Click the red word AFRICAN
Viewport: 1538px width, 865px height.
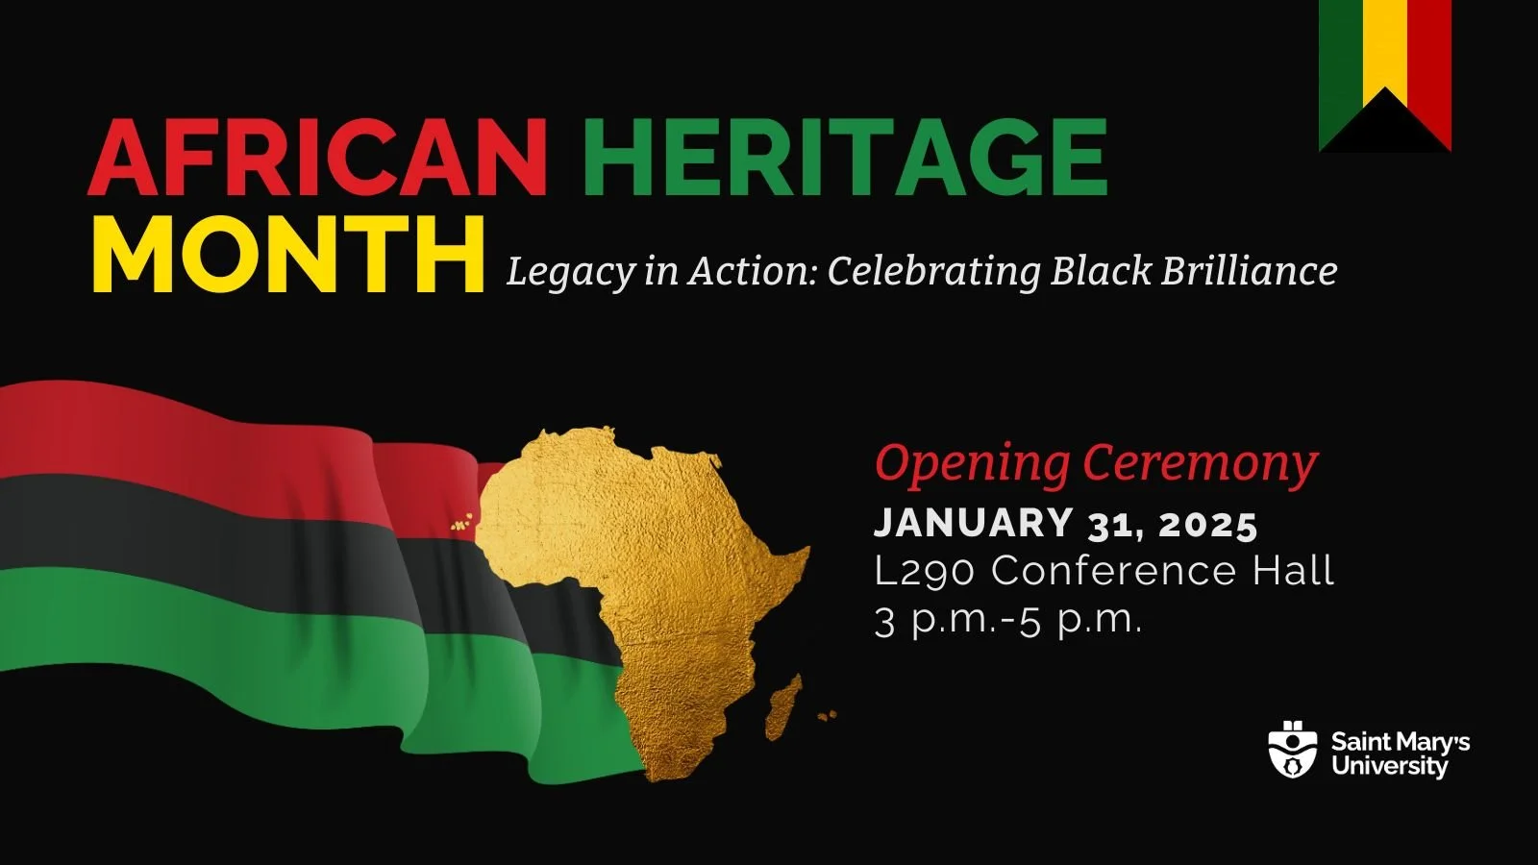pyautogui.click(x=317, y=157)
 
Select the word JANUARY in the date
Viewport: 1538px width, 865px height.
pyautogui.click(x=973, y=524)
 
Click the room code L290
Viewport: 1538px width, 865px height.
pyautogui.click(x=925, y=572)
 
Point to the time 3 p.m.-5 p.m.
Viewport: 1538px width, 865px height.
pyautogui.click(x=1008, y=620)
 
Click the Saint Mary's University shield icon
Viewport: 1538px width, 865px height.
pyautogui.click(x=1293, y=751)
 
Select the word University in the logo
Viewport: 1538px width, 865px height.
pyautogui.click(x=1389, y=767)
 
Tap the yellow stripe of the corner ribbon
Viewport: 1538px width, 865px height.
pyautogui.click(x=1385, y=43)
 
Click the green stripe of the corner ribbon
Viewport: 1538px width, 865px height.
pyautogui.click(x=1338, y=58)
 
